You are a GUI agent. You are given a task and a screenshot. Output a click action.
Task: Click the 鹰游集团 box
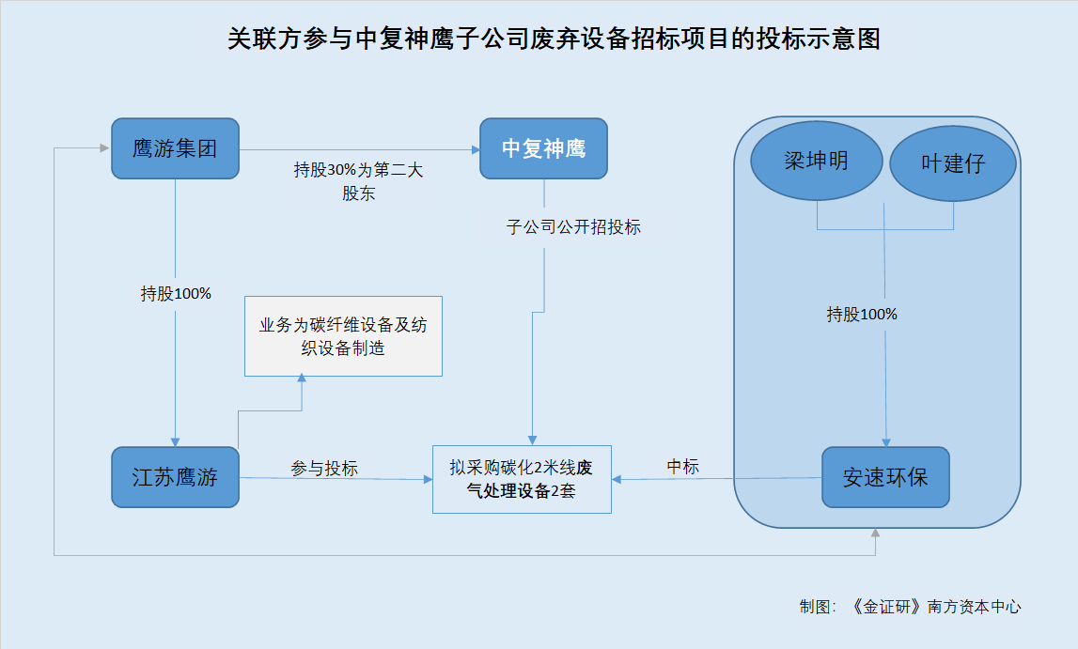(x=176, y=148)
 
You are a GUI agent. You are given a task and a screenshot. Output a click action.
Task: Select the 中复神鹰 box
(x=544, y=148)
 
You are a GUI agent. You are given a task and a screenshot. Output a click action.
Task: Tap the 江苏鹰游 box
(x=176, y=477)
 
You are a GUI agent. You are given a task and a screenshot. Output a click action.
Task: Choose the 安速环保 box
(x=885, y=477)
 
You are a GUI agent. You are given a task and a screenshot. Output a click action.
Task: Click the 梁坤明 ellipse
(x=817, y=161)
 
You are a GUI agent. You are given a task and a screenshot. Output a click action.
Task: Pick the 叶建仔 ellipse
(x=953, y=163)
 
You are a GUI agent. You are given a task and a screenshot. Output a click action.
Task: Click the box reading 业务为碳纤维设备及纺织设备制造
(x=343, y=336)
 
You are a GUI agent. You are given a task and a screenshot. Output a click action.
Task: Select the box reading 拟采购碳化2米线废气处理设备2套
(x=522, y=479)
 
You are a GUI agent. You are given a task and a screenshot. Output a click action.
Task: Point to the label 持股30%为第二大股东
(x=358, y=181)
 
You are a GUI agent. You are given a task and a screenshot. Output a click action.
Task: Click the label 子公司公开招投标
(x=573, y=227)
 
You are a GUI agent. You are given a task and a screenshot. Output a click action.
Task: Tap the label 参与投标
(x=324, y=469)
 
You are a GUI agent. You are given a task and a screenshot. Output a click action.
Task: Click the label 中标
(x=682, y=467)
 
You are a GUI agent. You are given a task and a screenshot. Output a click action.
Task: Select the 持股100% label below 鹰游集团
(x=176, y=294)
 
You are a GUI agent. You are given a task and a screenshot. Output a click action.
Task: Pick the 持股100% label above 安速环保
(x=862, y=315)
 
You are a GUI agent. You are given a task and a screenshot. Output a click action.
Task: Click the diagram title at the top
(x=555, y=39)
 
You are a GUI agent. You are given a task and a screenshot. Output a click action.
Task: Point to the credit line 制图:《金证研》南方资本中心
(x=911, y=607)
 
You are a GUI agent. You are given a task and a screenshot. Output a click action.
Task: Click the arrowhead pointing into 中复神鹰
(x=475, y=149)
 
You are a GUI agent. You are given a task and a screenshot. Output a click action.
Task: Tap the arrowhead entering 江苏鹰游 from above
(x=176, y=442)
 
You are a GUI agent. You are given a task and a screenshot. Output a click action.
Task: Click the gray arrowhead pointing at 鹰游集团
(x=104, y=147)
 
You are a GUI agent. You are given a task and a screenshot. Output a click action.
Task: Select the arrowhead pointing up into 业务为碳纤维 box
(x=302, y=378)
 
